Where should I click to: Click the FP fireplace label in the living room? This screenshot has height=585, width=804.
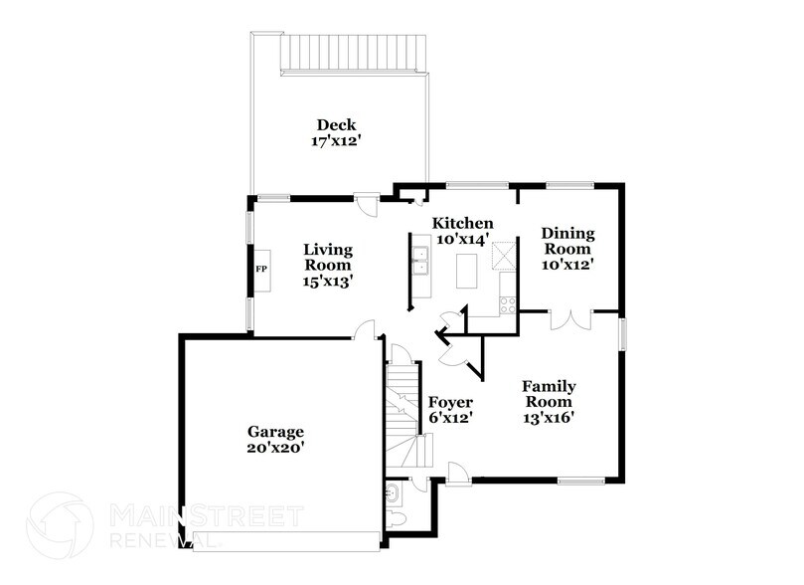point(261,270)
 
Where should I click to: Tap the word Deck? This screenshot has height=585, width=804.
point(336,125)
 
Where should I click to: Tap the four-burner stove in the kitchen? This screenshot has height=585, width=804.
point(507,304)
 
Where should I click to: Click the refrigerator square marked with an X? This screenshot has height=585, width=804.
point(507,256)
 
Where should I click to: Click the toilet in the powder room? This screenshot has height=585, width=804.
point(396,521)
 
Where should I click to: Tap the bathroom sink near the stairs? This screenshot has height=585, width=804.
point(392,492)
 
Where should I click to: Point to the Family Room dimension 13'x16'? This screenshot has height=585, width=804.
point(549,418)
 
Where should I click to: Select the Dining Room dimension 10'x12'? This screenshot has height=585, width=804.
point(567,265)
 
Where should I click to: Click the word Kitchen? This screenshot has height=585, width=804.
point(462,223)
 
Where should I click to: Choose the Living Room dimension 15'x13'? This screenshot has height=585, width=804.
point(328,282)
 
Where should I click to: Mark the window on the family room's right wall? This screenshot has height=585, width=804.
point(622,333)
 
